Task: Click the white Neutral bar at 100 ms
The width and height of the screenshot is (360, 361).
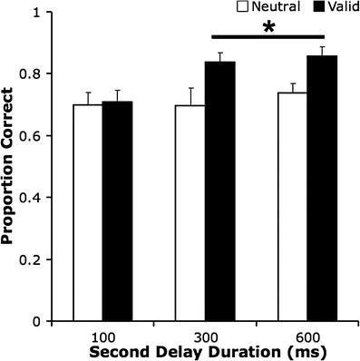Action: tap(87, 212)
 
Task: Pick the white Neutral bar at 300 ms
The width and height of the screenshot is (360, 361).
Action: tap(190, 212)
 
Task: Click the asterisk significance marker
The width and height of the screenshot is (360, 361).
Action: tap(268, 28)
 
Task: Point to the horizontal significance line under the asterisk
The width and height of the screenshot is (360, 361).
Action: tap(268, 38)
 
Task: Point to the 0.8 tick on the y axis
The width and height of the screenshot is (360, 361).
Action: tap(41, 74)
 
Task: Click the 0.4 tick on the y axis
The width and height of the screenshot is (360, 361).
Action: tap(41, 198)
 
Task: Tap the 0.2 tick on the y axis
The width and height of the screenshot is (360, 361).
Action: tap(41, 259)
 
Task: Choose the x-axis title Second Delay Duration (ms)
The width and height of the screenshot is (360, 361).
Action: tap(204, 349)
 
